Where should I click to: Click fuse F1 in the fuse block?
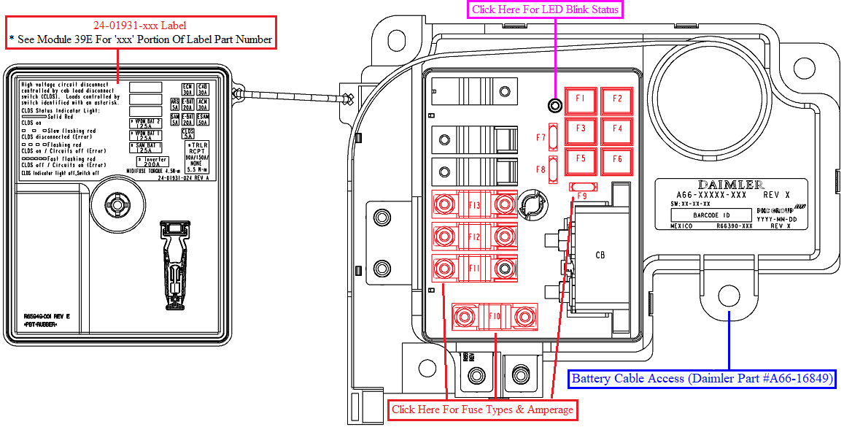point(581,99)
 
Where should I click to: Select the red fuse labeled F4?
point(617,129)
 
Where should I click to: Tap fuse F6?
point(617,158)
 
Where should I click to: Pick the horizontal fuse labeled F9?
point(582,188)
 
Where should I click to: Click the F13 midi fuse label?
point(474,205)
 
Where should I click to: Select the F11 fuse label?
point(474,269)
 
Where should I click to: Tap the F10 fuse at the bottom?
point(494,316)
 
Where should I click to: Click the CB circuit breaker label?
point(600,255)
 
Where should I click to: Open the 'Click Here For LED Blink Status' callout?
point(545,9)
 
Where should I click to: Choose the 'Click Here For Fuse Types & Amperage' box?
point(482,409)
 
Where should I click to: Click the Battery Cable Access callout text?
point(702,379)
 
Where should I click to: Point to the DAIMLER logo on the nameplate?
point(731,185)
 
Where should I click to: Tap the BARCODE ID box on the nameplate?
point(711,215)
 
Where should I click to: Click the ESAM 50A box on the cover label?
point(203,120)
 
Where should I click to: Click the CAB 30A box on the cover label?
point(203,90)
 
